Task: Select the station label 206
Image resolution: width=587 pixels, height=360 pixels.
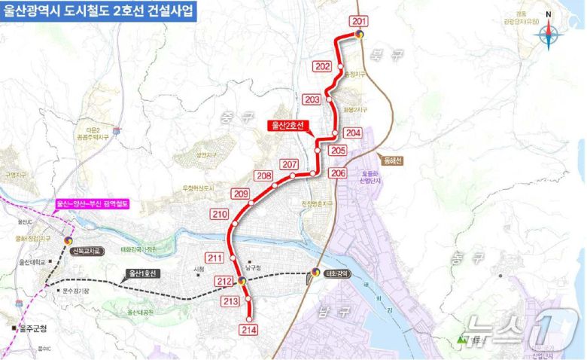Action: pos(338,173)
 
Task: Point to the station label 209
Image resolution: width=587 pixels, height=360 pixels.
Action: pos(241,195)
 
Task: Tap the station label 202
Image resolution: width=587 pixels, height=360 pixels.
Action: pos(323,67)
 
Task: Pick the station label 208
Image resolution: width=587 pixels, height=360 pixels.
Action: pos(263,176)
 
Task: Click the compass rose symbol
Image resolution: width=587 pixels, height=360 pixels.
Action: pos(548,35)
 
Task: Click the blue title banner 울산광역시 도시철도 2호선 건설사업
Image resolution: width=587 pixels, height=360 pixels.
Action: pos(98,12)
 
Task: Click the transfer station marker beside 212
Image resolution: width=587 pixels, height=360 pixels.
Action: pos(242,280)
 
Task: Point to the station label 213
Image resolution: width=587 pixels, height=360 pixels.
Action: pos(231,301)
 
